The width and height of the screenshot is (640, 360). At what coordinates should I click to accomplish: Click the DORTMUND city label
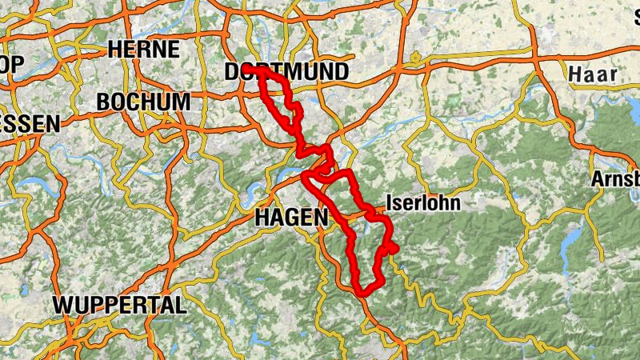286,72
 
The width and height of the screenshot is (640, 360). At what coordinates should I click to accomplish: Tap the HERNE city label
143,49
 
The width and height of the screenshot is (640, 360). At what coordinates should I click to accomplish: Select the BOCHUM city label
143,102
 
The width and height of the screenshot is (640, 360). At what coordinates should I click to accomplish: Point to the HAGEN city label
291,217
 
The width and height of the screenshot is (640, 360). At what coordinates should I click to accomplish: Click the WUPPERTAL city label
119,305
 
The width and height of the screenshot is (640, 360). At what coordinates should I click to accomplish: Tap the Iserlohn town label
423,202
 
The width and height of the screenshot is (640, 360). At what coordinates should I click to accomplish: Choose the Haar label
592,74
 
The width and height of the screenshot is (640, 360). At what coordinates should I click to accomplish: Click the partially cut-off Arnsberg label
615,178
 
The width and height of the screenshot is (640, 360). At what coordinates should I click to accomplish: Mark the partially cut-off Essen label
30,124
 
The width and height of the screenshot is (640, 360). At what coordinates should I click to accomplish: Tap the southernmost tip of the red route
362,292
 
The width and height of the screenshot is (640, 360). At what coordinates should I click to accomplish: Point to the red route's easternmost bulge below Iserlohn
395,249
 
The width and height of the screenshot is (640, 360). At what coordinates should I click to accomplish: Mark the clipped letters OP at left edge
13,63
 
